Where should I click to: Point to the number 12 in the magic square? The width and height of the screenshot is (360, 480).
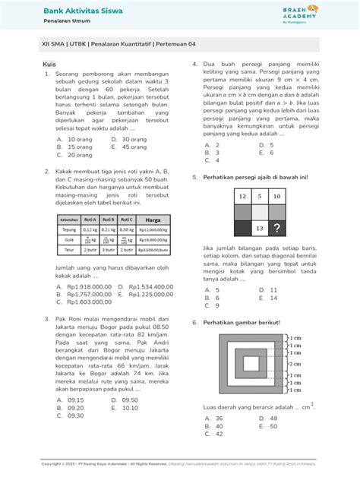242,197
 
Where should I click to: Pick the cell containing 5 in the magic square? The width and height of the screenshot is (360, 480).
259,197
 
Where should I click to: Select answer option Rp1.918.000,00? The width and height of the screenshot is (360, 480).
84,286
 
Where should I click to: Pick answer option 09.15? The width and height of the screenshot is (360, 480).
75,399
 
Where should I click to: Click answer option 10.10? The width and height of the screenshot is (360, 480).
129,407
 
